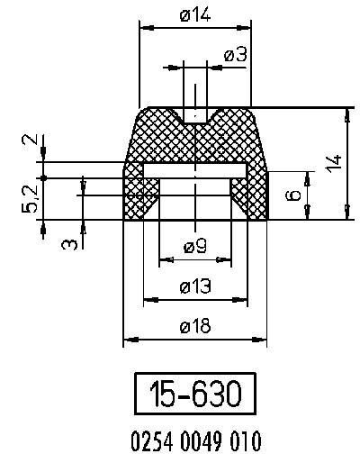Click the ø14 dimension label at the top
194,15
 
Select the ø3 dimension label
235,55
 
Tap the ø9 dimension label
194,245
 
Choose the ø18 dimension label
194,327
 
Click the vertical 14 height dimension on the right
334,163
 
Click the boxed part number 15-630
195,395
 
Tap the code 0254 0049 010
195,441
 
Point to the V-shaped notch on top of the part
195,116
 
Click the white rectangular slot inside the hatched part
194,170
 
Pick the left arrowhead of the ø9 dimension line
163,260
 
